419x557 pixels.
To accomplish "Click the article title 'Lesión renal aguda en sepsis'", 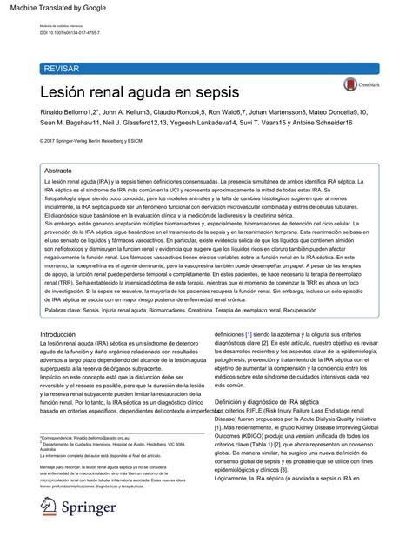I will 139,91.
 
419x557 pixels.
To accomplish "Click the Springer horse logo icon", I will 50,508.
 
